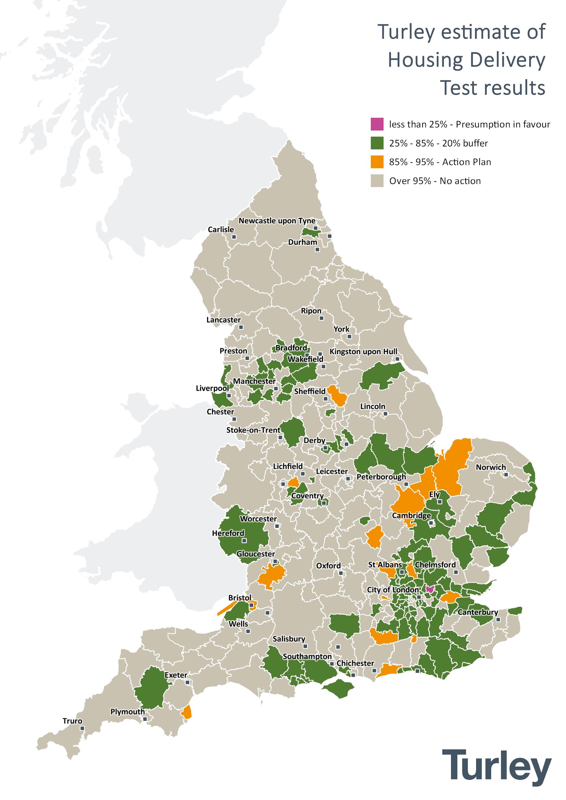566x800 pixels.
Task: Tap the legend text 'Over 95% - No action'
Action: tap(434, 181)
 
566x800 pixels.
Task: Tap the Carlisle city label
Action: tap(221, 230)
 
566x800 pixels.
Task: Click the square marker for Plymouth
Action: tap(145, 719)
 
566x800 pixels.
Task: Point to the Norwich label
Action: tap(491, 467)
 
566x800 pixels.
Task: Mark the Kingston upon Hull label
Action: tap(363, 351)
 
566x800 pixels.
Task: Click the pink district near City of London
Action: tap(430, 589)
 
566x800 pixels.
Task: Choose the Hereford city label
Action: tap(228, 533)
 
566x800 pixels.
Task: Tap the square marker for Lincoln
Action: tap(385, 413)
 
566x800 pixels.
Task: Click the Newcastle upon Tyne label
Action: tap(277, 221)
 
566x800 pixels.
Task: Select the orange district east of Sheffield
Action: tap(339, 396)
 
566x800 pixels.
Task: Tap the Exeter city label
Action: tap(176, 675)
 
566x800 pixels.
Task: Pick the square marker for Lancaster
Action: tap(241, 327)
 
